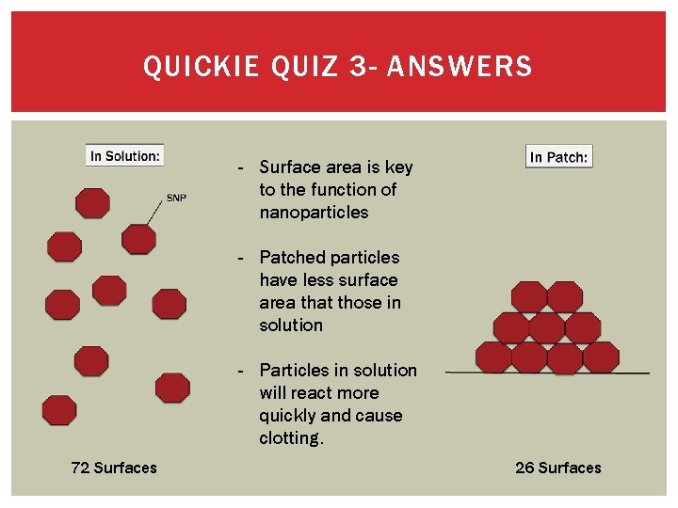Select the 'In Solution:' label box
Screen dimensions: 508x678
pos(124,155)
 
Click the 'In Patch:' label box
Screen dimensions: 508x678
pos(558,157)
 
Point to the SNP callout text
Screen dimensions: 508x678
pos(176,198)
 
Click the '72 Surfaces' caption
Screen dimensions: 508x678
pos(114,468)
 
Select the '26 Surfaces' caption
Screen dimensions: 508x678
pos(558,468)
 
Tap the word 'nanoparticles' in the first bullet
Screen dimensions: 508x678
pos(314,213)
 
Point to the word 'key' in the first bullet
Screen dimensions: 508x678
pos(398,167)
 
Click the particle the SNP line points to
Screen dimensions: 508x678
pos(138,239)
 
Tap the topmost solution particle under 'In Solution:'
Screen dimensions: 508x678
pos(92,203)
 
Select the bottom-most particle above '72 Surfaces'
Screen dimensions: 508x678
pos(59,410)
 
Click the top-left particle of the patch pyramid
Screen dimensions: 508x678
pos(529,297)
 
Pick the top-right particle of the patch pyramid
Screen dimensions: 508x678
pos(565,297)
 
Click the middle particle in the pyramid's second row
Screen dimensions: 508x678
pos(547,327)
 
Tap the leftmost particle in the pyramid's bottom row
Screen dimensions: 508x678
pos(493,357)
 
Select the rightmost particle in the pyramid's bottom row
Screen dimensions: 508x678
pos(601,357)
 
